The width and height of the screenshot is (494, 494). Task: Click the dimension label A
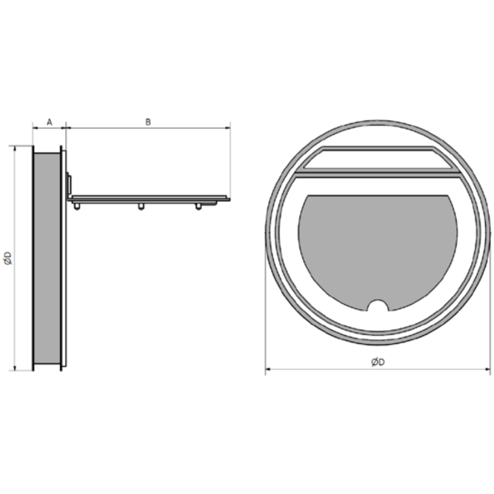point(50,122)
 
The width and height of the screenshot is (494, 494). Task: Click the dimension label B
point(148,122)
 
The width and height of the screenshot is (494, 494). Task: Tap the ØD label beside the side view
point(8,258)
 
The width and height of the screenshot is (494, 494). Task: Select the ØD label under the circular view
point(378,362)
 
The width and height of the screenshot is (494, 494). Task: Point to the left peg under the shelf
point(77,206)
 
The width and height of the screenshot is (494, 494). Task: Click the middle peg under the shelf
point(141,206)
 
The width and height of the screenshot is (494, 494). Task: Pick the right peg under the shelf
point(198,206)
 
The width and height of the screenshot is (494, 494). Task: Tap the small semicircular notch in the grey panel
point(378,305)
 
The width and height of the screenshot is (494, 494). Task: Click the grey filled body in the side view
point(47,258)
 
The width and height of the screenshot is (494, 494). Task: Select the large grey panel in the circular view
point(378,249)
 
